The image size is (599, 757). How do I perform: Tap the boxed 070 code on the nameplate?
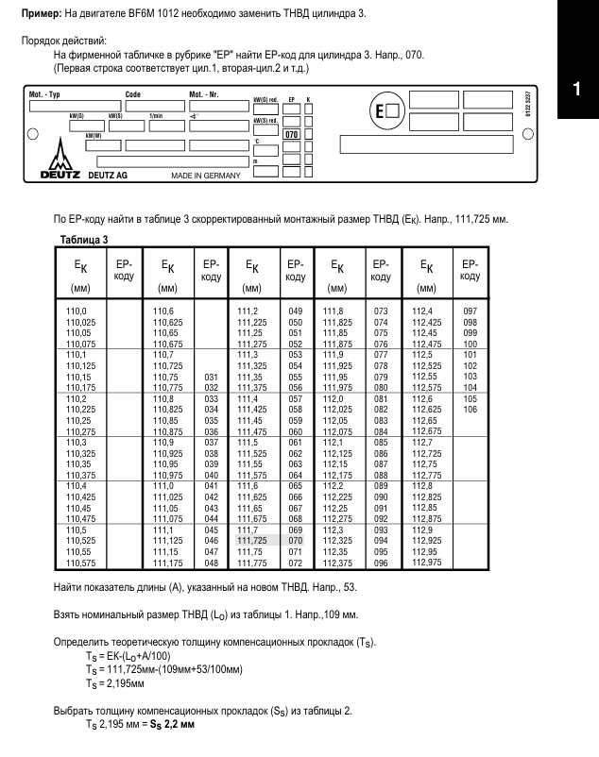point(293,134)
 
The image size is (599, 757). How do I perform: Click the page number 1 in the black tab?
point(576,92)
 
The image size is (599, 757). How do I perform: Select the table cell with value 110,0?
point(74,311)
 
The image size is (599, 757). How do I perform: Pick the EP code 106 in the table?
point(470,408)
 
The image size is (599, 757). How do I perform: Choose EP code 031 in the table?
point(211,376)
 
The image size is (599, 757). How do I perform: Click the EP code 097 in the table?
point(470,311)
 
